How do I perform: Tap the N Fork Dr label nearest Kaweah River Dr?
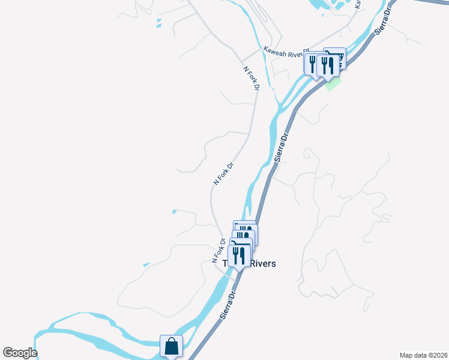pos(251,78)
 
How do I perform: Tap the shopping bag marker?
pos(172,346)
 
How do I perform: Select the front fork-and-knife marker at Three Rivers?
pos(240,256)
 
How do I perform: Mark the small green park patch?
pos(333,83)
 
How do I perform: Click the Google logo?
pos(20,353)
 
